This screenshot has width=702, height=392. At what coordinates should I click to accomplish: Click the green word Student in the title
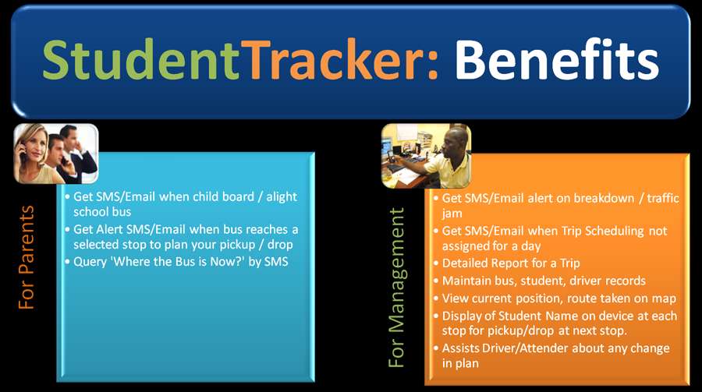pyautogui.click(x=140, y=60)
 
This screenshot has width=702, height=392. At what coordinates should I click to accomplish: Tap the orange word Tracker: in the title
pyautogui.click(x=339, y=60)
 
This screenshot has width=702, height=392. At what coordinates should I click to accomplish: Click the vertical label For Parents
pyautogui.click(x=27, y=258)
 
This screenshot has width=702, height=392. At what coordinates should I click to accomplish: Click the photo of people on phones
pyautogui.click(x=56, y=154)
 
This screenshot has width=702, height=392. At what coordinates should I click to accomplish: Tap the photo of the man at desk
pyautogui.click(x=426, y=155)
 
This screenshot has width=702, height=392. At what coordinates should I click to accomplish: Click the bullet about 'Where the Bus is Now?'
pyautogui.click(x=181, y=262)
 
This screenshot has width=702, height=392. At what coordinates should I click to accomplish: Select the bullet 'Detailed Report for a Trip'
pyautogui.click(x=512, y=263)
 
